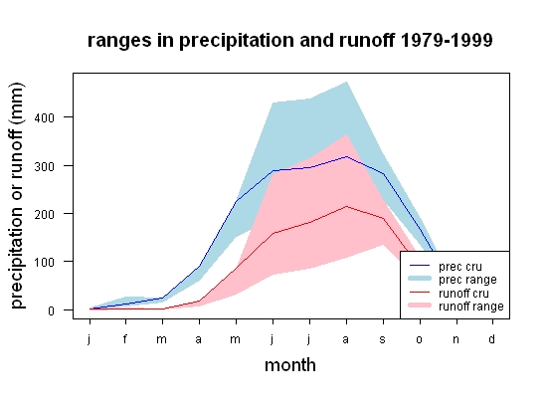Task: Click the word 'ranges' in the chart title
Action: click(119, 41)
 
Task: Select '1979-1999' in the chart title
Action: click(447, 40)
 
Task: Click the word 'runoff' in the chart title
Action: click(367, 40)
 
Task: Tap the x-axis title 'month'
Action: click(290, 365)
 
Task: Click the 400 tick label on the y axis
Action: click(45, 118)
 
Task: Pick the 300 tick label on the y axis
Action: click(45, 166)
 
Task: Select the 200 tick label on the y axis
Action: click(45, 214)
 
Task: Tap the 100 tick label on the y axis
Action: click(45, 263)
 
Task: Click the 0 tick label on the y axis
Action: click(52, 310)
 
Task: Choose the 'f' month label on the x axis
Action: click(125, 338)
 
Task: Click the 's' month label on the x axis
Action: click(383, 339)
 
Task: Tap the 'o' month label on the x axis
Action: click(420, 339)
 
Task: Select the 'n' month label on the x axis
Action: click(456, 339)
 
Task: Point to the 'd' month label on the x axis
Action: click(492, 338)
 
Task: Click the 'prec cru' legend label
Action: click(460, 267)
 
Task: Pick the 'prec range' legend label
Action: click(467, 280)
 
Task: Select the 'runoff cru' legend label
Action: click(463, 294)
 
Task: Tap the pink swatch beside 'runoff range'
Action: click(420, 306)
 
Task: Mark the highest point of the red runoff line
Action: click(346, 206)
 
